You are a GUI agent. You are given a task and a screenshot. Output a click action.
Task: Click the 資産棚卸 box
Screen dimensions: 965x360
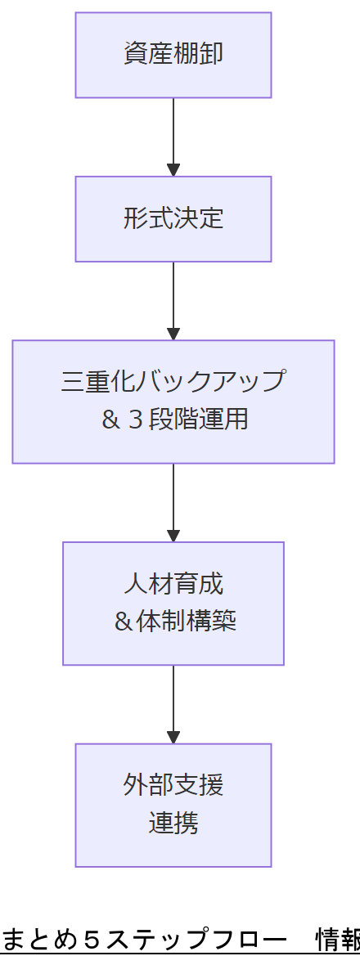tap(173, 55)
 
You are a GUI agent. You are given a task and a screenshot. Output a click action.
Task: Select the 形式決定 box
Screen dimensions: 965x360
tap(173, 219)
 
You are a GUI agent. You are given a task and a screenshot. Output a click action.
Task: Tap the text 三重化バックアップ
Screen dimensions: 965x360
tap(173, 381)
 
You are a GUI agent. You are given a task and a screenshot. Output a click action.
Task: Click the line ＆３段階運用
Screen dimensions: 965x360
tap(173, 420)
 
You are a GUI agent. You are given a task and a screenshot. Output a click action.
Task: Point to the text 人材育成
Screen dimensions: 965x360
tap(173, 584)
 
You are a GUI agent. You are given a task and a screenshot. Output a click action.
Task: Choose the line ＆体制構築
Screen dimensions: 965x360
tap(173, 622)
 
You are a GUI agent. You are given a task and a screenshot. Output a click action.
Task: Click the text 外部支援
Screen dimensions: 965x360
tap(173, 785)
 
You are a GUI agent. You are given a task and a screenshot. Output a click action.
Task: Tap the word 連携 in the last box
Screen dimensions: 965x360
tap(173, 823)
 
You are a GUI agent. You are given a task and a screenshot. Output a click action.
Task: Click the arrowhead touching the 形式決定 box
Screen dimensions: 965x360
tap(173, 170)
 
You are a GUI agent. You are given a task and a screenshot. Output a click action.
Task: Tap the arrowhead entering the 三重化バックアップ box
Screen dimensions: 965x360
tap(173, 334)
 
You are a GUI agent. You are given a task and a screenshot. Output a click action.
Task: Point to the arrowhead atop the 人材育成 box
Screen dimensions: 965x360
tap(173, 536)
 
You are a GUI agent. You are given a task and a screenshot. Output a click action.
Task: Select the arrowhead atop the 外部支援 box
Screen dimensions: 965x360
tap(173, 738)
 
